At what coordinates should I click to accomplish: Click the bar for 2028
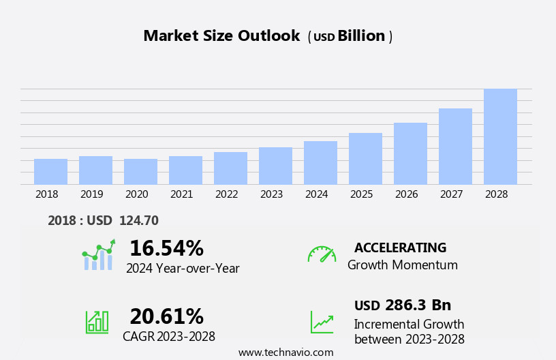tap(500, 136)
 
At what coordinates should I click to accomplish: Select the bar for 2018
tap(50, 171)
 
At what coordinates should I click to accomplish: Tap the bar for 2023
tap(275, 166)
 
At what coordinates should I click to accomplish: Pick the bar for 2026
tap(410, 153)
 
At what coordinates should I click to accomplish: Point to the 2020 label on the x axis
tap(136, 194)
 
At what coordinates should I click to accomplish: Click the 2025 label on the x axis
tap(361, 194)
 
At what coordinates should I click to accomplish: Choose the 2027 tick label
tap(451, 194)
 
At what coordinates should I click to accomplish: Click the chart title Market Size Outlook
tap(221, 36)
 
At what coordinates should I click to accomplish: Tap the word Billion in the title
tap(361, 36)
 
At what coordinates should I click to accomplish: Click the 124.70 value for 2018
tap(138, 221)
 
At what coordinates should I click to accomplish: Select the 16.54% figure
tap(166, 248)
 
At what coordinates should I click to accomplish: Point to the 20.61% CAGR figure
tap(166, 316)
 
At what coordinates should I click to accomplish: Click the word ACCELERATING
tap(400, 248)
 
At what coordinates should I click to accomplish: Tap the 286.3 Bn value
tap(418, 305)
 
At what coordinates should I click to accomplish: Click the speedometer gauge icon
tap(322, 254)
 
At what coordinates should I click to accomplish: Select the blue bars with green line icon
tap(98, 255)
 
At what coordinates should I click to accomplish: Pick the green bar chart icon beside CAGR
tap(97, 321)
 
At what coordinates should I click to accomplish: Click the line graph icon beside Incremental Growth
tap(322, 322)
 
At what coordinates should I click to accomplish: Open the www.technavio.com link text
tap(285, 352)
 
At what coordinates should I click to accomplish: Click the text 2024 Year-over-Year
tap(183, 269)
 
